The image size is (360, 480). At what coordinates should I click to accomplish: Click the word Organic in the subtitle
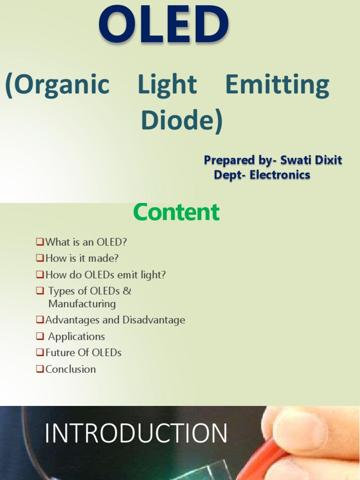(x=57, y=85)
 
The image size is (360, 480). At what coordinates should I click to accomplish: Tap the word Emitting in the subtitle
(x=277, y=85)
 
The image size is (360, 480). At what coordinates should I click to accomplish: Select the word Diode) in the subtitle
(x=182, y=120)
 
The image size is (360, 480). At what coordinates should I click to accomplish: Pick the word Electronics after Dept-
(x=281, y=175)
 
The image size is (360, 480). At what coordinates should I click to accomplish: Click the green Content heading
(x=176, y=212)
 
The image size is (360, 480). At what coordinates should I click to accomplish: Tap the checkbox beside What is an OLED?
(x=39, y=242)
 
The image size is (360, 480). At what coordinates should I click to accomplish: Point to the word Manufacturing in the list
(x=82, y=304)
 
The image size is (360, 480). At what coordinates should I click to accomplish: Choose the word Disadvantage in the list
(x=154, y=320)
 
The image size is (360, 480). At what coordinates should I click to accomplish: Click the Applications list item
(x=76, y=337)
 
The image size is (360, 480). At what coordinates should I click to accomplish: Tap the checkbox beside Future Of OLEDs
(x=39, y=352)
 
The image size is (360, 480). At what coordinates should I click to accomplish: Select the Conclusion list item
(x=70, y=369)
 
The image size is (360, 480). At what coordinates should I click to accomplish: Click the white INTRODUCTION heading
(x=136, y=433)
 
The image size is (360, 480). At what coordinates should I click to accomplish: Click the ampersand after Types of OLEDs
(x=127, y=291)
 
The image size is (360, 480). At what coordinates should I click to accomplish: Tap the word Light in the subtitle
(x=167, y=85)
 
